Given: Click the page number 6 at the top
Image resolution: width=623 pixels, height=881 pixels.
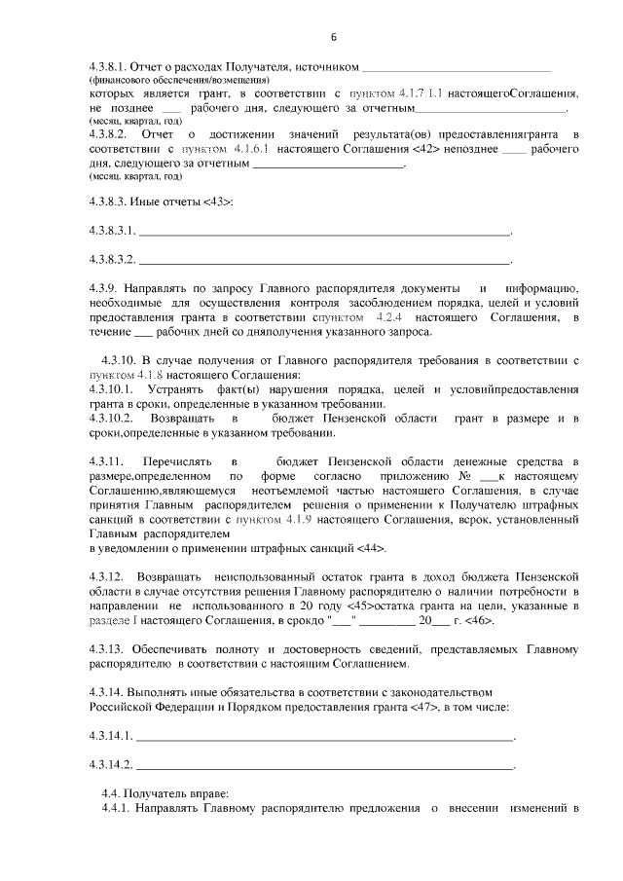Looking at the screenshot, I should [x=333, y=38].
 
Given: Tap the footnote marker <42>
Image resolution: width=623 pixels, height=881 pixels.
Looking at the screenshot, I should [x=429, y=151].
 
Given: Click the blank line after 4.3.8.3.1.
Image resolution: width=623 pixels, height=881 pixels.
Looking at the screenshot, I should [x=325, y=232].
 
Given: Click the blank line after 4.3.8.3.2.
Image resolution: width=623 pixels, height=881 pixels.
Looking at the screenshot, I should [x=325, y=261].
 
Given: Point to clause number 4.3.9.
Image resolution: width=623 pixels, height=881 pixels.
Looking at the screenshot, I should [x=102, y=290].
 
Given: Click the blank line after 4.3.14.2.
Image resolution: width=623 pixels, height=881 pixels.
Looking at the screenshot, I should [x=325, y=765].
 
